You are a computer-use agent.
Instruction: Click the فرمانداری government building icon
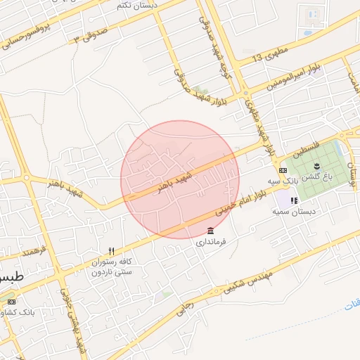(210, 231)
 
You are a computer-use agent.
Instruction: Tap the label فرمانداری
(210, 242)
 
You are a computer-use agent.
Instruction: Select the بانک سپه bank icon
(283, 170)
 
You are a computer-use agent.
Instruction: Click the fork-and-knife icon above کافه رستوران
(111, 251)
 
